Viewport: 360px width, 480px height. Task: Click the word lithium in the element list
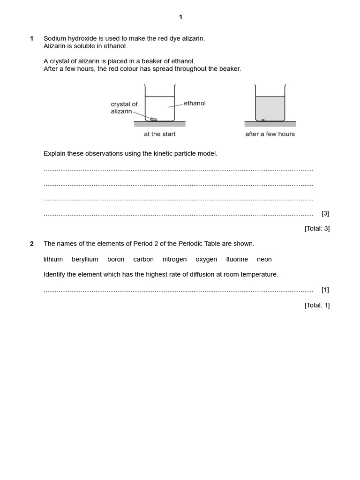coord(53,259)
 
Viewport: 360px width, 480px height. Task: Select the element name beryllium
coord(85,259)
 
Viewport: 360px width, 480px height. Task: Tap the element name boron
coord(116,259)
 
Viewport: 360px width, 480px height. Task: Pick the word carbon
coord(143,259)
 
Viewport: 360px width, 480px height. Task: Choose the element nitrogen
coord(174,259)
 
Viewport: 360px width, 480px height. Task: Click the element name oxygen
coord(206,259)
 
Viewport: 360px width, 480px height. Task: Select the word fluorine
coord(237,259)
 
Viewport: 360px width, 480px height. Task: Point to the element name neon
coord(264,259)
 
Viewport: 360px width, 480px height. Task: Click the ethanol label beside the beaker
coord(195,103)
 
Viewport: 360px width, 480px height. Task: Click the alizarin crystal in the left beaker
coord(154,119)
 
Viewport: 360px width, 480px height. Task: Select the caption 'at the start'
coord(159,134)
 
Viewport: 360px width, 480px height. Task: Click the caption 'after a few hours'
coord(270,134)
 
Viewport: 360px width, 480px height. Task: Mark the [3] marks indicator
coord(325,213)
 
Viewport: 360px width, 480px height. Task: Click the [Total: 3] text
coord(317,229)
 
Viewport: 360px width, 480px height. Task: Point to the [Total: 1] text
coord(317,305)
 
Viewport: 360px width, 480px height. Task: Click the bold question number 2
coord(32,244)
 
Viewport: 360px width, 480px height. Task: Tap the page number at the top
coord(180,17)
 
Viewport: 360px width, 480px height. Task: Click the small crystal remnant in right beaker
coord(263,120)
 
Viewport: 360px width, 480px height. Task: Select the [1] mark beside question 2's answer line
coord(325,290)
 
